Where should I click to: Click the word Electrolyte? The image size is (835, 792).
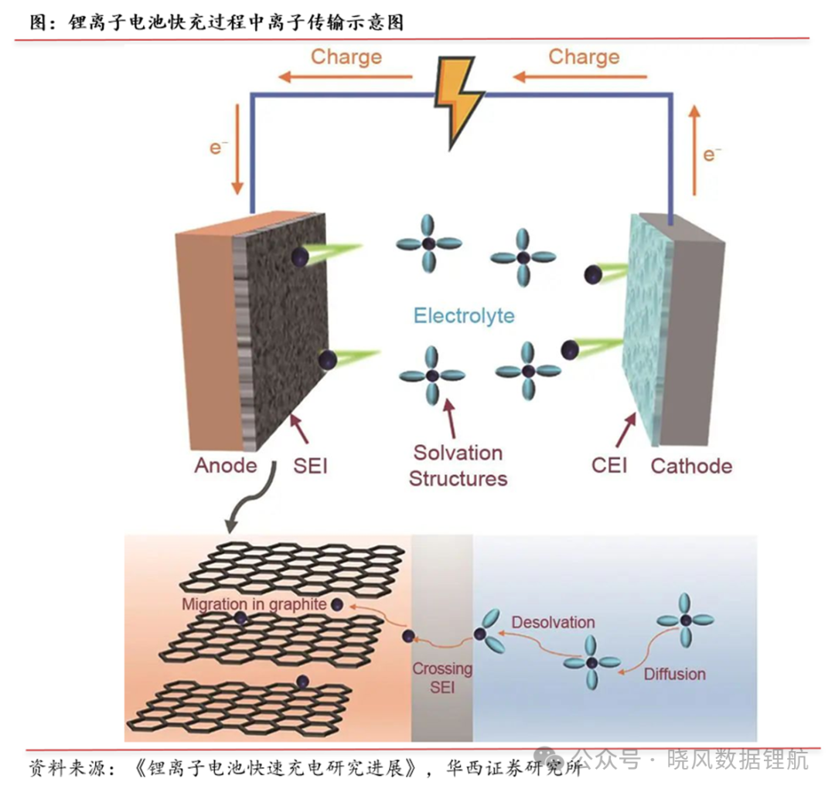(x=464, y=315)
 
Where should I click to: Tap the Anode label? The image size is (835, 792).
(x=225, y=465)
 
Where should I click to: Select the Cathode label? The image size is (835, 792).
(x=691, y=466)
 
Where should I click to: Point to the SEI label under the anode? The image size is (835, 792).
(x=310, y=466)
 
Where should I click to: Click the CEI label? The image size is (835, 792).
(x=609, y=465)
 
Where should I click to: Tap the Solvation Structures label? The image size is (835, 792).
(x=458, y=465)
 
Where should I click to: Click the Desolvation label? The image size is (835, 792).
(x=553, y=622)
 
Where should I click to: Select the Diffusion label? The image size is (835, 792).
(x=675, y=674)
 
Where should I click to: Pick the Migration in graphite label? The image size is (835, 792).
(x=254, y=604)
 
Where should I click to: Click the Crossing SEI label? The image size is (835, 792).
(x=442, y=678)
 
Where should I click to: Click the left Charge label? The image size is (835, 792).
(x=346, y=56)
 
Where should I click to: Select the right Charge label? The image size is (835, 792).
(x=584, y=56)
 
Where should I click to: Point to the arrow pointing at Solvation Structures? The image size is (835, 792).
(x=451, y=418)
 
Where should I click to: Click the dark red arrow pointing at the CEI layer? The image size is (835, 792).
(x=626, y=430)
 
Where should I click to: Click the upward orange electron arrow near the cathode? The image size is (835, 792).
(x=694, y=150)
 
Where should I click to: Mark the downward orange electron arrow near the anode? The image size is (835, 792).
(x=237, y=150)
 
